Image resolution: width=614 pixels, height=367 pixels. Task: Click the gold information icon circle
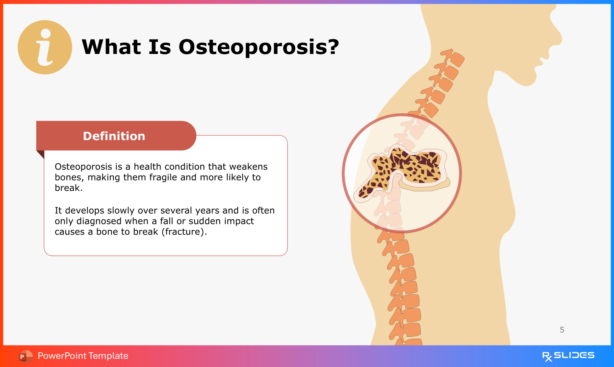pyautogui.click(x=45, y=47)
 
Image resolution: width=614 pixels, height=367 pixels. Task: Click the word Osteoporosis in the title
pyautogui.click(x=252, y=47)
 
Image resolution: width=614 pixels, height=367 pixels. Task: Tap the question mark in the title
pyautogui.click(x=333, y=46)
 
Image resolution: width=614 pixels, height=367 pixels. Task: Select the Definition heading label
pyautogui.click(x=114, y=136)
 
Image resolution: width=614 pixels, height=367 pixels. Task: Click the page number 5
pyautogui.click(x=562, y=330)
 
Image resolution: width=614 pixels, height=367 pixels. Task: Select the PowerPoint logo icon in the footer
pyautogui.click(x=25, y=356)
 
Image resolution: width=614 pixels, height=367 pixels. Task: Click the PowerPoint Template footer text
pyautogui.click(x=83, y=356)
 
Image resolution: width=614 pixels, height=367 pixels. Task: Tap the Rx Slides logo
pyautogui.click(x=568, y=356)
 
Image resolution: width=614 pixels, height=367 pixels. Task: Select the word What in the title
pyautogui.click(x=111, y=47)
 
